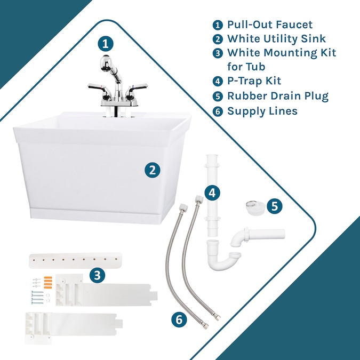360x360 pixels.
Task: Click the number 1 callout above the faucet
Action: tap(106, 44)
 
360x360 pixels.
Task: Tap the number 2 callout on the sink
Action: tap(152, 170)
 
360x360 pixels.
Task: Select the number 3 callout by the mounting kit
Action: tap(98, 275)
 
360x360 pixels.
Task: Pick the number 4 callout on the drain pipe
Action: tap(212, 193)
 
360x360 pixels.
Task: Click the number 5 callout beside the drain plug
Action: tap(275, 206)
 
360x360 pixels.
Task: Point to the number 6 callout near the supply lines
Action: tap(179, 319)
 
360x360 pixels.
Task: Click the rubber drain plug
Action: tap(255, 207)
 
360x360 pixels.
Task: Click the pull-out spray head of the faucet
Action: tap(107, 63)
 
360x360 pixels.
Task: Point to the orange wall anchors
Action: tap(48, 282)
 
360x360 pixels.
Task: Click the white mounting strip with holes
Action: tap(75, 260)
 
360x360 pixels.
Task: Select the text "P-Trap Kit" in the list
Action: tap(254, 81)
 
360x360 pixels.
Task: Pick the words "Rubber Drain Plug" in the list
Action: tap(278, 96)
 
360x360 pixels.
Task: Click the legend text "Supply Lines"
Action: tap(262, 111)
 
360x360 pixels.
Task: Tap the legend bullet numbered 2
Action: tap(218, 39)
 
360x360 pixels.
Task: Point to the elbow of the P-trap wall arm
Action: tap(238, 239)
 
